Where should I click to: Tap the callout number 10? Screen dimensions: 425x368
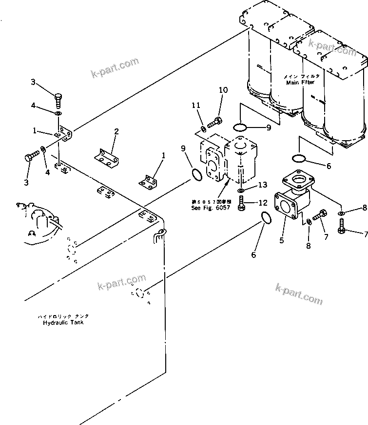pyautogui.click(x=223, y=90)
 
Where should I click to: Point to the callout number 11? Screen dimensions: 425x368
pyautogui.click(x=195, y=106)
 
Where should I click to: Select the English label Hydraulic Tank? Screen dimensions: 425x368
pyautogui.click(x=62, y=323)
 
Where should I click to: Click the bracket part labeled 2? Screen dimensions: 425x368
pyautogui.click(x=107, y=157)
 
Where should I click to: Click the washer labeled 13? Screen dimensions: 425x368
pyautogui.click(x=242, y=190)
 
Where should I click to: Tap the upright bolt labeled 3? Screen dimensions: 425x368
pyautogui.click(x=58, y=101)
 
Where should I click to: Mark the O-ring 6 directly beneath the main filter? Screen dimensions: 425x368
pyautogui.click(x=299, y=158)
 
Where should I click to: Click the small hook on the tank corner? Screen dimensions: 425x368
pyautogui.click(x=158, y=235)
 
